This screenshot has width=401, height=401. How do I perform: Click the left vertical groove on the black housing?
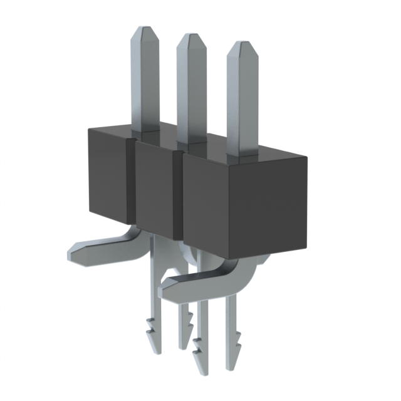132,182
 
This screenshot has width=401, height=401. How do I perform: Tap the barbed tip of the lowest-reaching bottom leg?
200,367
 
